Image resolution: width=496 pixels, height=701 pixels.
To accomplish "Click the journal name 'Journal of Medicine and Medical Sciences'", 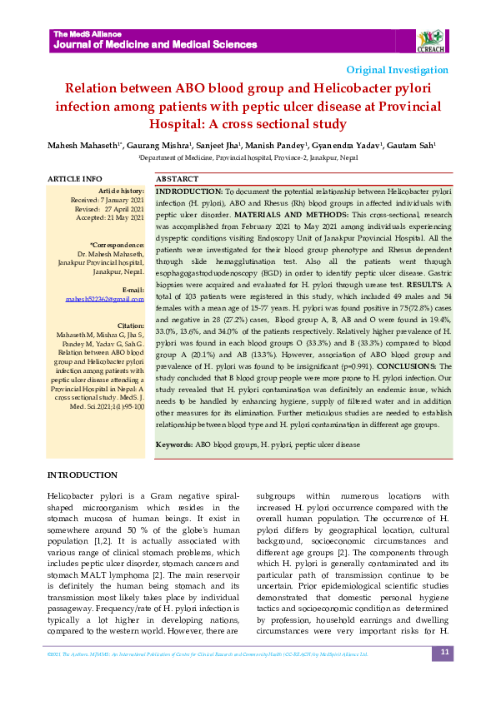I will coord(155,44).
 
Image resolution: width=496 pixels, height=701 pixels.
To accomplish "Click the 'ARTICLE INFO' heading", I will coord(75,179).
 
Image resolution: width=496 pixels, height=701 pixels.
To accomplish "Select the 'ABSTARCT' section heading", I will coord(154,179).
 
